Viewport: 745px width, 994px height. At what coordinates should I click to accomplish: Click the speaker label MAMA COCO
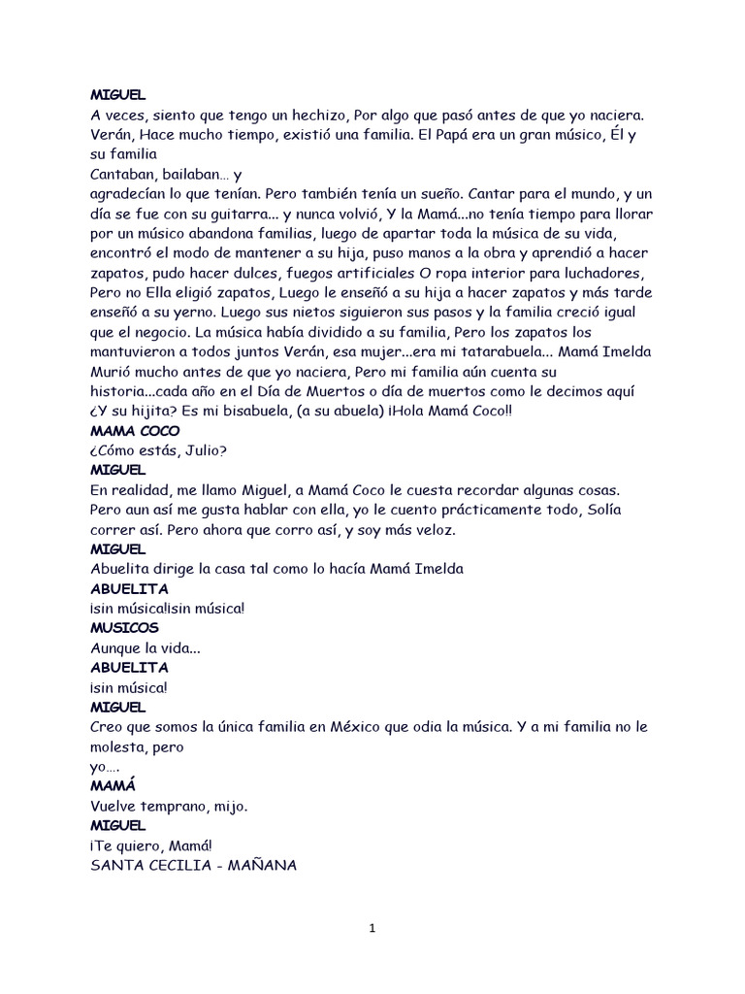(135, 430)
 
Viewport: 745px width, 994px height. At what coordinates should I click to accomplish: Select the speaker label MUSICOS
(123, 628)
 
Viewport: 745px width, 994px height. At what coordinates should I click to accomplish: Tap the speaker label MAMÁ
(113, 785)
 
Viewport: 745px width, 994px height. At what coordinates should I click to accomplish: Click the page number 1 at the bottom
(372, 928)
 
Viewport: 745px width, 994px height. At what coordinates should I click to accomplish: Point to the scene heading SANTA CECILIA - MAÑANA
(194, 865)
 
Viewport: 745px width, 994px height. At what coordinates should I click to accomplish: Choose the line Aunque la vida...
(146, 647)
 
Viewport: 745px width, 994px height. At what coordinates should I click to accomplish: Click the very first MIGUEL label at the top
(117, 94)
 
